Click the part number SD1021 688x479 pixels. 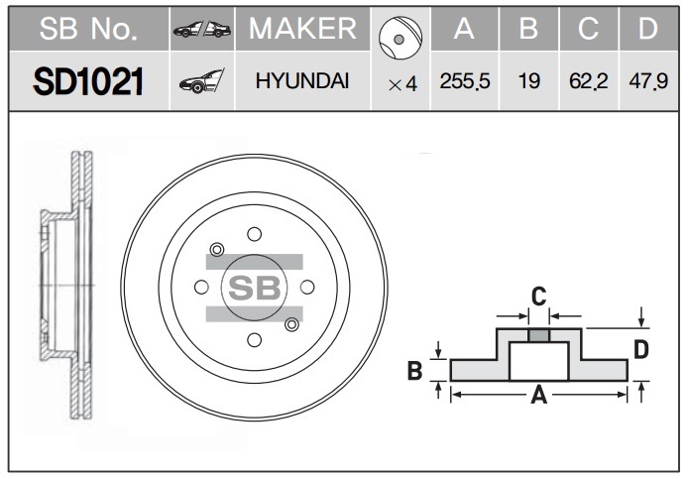tap(88, 81)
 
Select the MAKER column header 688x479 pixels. tap(302, 29)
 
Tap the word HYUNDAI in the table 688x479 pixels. tap(302, 81)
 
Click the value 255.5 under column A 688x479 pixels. tap(465, 81)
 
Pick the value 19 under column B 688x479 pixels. tap(528, 81)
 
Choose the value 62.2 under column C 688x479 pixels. tap(589, 81)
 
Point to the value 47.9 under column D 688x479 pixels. tap(648, 81)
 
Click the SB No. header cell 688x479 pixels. tap(88, 29)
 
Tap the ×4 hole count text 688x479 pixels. tap(402, 84)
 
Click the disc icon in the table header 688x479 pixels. tap(401, 39)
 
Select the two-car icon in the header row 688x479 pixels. tap(202, 30)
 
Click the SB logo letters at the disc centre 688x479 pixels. tap(255, 288)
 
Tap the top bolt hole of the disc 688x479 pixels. tap(254, 234)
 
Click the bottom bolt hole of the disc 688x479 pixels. tap(254, 340)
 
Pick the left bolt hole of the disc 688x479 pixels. tap(201, 288)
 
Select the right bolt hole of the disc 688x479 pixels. tap(307, 288)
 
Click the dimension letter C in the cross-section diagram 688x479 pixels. tap(539, 297)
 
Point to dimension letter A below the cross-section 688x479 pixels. tap(539, 395)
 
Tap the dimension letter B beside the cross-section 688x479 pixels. tap(414, 370)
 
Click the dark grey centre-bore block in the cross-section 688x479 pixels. tap(539, 336)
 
